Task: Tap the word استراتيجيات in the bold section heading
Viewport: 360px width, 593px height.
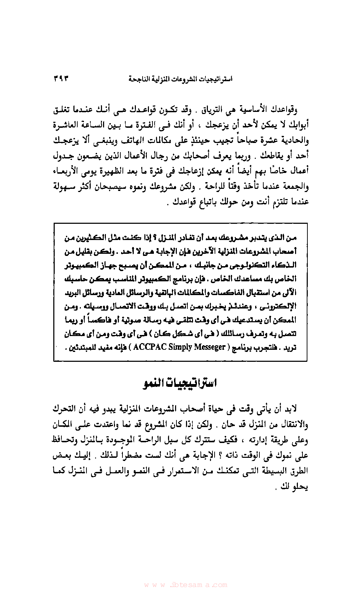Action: (x=193, y=383)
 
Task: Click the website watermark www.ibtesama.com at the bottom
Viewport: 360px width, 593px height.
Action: (x=185, y=585)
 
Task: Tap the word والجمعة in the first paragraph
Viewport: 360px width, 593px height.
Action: (x=295, y=186)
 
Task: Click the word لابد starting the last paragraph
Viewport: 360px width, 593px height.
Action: (x=291, y=409)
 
